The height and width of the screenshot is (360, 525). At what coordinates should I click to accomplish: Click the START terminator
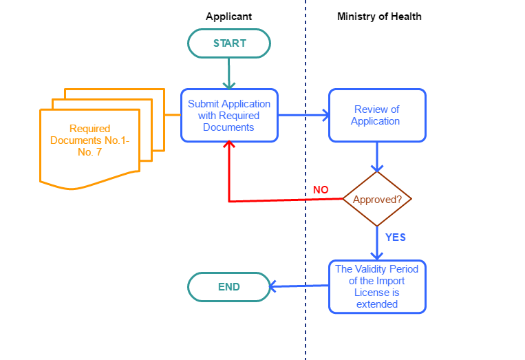229,43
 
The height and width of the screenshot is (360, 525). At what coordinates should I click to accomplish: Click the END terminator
229,287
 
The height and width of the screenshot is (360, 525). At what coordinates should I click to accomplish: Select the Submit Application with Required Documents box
229,116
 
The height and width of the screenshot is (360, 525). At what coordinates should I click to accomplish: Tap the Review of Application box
376,116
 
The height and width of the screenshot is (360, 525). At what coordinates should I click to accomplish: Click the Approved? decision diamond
377,200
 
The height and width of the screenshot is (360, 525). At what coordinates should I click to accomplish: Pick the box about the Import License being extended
377,287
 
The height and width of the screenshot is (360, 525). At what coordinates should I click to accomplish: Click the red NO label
321,190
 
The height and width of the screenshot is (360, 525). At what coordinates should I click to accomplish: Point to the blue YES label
395,237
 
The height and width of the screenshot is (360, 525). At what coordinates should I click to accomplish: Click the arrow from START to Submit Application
229,73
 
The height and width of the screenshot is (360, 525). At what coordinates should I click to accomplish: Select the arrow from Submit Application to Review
303,115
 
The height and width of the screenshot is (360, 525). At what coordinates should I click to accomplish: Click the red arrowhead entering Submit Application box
229,145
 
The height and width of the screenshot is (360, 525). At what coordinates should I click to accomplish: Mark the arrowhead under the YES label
377,255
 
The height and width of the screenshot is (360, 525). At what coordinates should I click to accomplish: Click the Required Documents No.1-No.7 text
89,140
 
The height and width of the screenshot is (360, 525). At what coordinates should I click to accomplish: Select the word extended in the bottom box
377,304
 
